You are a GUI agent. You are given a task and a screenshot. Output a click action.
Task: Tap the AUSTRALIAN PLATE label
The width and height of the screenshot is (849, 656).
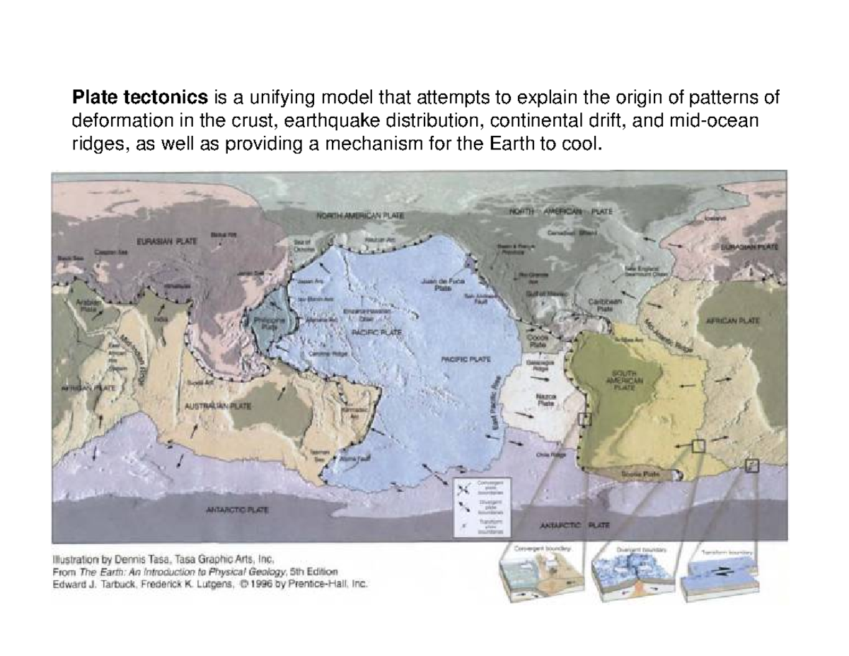[219, 408]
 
